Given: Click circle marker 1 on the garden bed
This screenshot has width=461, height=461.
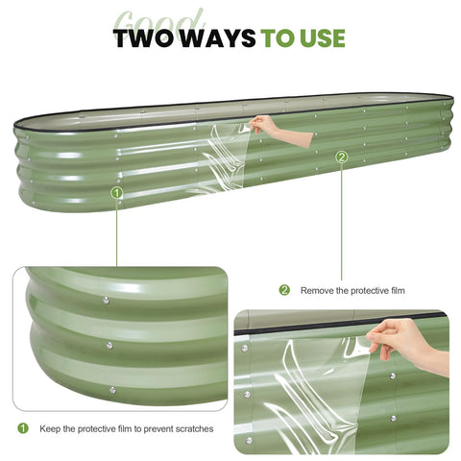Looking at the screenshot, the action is pyautogui.click(x=117, y=193).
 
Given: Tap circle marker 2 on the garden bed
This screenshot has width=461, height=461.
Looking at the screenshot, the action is pyautogui.click(x=342, y=157).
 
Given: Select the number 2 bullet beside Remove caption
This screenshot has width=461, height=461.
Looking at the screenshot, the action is pyautogui.click(x=284, y=290).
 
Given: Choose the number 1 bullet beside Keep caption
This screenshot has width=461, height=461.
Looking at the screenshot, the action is pyautogui.click(x=23, y=428).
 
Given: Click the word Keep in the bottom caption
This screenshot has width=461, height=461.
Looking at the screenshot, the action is pyautogui.click(x=50, y=428).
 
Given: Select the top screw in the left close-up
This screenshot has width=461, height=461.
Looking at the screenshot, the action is pyautogui.click(x=106, y=301).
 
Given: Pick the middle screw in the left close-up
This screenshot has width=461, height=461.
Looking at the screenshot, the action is pyautogui.click(x=109, y=346).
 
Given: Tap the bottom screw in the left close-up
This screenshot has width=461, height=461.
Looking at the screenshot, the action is pyautogui.click(x=112, y=390).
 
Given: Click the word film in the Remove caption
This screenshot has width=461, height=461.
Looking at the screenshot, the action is pyautogui.click(x=398, y=290).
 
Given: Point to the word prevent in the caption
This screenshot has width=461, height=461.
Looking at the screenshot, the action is pyautogui.click(x=156, y=429).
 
